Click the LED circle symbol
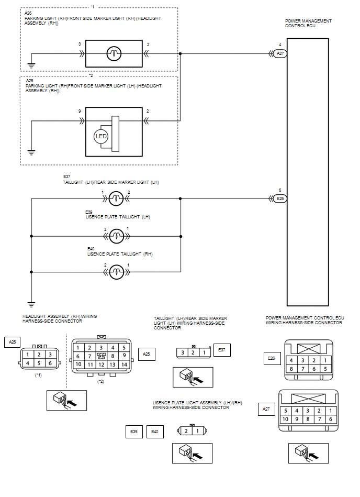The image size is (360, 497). coord(101,136)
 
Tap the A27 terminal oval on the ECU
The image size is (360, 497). coord(280,53)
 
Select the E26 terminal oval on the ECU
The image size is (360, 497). coord(280,198)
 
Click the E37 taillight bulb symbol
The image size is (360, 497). coord(116,198)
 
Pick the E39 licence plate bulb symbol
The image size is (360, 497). coord(116,236)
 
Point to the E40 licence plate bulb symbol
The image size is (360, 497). coord(116,272)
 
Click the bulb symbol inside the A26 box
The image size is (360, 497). coord(114,53)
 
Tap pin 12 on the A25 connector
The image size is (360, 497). coord(102,365)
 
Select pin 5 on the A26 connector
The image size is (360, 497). coord(39,363)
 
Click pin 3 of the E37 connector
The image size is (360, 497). coord(183,352)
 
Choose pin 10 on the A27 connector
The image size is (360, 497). coord(285,419)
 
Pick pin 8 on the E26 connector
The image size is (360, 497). coord(291,369)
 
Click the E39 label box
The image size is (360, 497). coord(134,432)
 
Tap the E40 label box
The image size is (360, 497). coord(155,432)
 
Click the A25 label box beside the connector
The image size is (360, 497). coord(147,354)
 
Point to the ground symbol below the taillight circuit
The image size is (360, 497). coord(31,305)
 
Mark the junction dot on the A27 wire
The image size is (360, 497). coord(180,53)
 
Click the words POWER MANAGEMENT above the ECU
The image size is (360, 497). coord(308,21)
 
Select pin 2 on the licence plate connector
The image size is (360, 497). coord(186,431)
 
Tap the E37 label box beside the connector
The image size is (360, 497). coord(222,350)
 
